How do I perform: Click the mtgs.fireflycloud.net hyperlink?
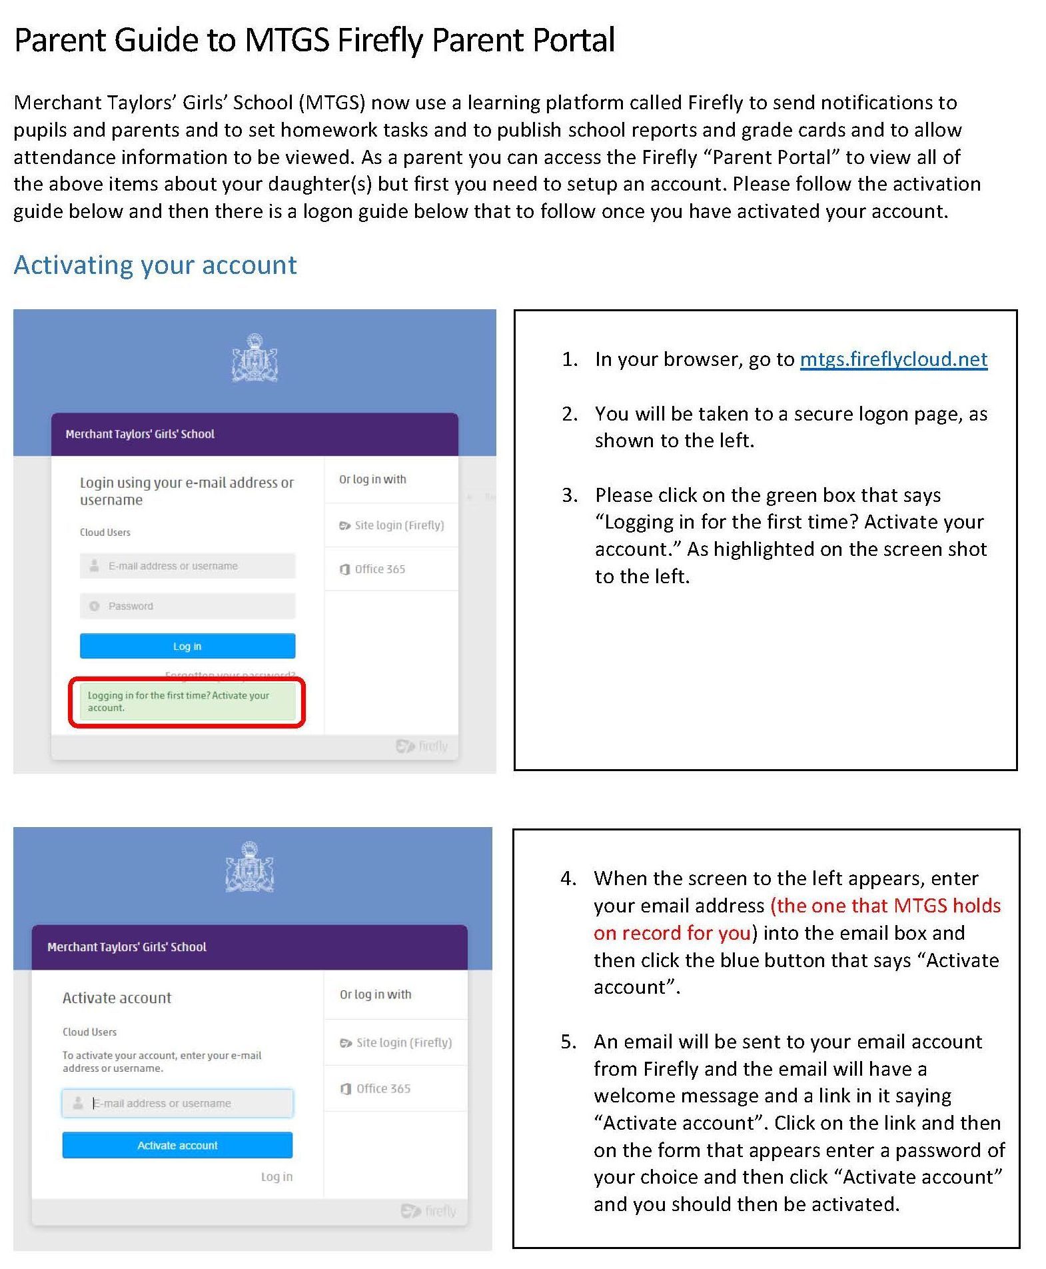[x=893, y=359]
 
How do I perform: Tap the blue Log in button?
[x=187, y=646]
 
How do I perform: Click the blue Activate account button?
[x=177, y=1145]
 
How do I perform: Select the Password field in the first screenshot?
[x=187, y=606]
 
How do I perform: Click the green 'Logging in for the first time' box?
[x=187, y=701]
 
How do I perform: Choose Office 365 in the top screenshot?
[x=379, y=569]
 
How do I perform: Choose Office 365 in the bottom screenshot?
[x=382, y=1088]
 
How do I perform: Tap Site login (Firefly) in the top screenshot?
[x=398, y=525]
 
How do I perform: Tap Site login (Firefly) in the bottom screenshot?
[x=403, y=1042]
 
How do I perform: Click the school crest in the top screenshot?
[x=255, y=358]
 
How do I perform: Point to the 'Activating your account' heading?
[x=155, y=265]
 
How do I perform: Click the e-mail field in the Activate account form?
[x=177, y=1103]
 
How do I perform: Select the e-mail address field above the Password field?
[x=187, y=566]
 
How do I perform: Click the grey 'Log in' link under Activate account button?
[x=276, y=1176]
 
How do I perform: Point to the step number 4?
[x=568, y=878]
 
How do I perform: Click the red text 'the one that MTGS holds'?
[x=886, y=906]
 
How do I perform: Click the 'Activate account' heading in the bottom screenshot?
[x=117, y=998]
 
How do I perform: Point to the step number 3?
[x=569, y=495]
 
